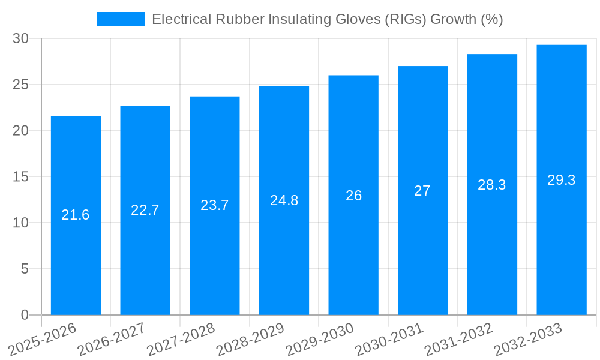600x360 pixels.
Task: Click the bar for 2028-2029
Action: (284, 252)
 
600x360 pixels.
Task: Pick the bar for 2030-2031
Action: (422, 252)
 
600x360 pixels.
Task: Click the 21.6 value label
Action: (76, 215)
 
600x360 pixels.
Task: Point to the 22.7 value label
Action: (145, 210)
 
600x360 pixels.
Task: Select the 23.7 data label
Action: (214, 205)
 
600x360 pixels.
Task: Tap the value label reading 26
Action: (353, 196)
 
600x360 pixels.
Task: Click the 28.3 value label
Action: (492, 185)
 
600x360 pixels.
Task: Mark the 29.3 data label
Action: (562, 180)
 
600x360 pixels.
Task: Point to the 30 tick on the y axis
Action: (21, 38)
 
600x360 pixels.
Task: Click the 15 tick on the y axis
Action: (21, 176)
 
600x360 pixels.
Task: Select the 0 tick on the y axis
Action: (25, 315)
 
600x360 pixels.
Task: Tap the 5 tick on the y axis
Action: (25, 269)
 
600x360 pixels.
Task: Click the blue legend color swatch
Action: (120, 19)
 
